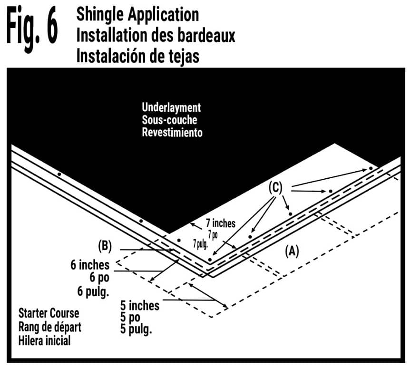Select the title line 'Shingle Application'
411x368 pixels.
point(137,14)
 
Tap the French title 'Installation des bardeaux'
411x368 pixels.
point(156,35)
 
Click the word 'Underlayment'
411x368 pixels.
point(171,107)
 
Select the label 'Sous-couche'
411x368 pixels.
point(169,120)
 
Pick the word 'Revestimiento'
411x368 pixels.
point(172,132)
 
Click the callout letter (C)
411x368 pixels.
point(275,188)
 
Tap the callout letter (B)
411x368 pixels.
point(105,246)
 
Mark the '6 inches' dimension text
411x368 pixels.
point(90,265)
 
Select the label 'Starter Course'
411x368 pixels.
point(49,314)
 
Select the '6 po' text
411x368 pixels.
point(99,278)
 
